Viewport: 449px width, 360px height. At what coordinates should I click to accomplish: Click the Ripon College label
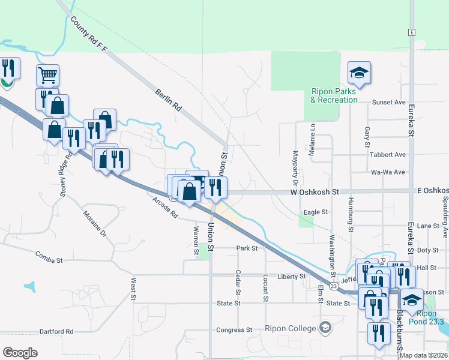pos(290,328)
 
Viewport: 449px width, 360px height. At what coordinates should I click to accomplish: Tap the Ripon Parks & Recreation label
pos(334,96)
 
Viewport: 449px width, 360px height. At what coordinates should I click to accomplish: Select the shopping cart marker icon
pos(47,76)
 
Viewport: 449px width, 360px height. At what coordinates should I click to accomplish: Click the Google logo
pos(20,353)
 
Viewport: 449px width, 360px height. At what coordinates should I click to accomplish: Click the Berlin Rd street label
pos(168,99)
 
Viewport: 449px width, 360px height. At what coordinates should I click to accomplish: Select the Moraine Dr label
pos(94,223)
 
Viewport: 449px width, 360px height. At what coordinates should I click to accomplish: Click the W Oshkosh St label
pos(315,192)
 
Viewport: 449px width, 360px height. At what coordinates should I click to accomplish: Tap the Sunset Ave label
pos(389,103)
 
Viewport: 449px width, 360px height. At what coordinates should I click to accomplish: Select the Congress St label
pos(234,330)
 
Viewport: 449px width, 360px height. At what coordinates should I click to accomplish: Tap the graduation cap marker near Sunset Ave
pos(359,73)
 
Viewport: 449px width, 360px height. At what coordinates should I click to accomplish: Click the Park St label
pos(247,248)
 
